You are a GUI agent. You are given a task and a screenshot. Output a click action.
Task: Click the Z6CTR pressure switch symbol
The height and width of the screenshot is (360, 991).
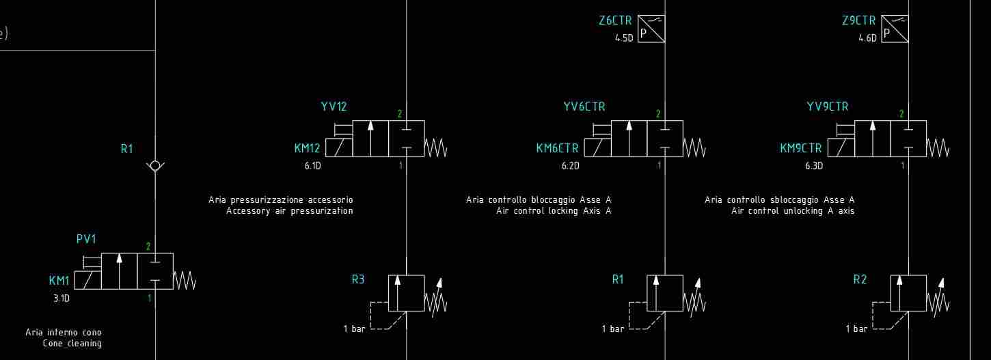(x=651, y=29)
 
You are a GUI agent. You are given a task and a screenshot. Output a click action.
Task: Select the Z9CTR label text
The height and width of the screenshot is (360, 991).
(x=858, y=21)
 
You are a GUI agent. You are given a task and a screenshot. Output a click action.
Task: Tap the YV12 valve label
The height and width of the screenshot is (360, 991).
(x=334, y=107)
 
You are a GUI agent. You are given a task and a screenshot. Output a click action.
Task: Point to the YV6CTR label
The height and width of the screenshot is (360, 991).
(x=584, y=107)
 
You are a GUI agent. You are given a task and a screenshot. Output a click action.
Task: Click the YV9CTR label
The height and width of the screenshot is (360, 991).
(x=828, y=107)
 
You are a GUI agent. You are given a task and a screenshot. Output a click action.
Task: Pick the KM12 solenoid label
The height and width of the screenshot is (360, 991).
(x=307, y=148)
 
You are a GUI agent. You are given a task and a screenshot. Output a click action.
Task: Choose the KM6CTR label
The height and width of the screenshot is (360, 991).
(x=557, y=148)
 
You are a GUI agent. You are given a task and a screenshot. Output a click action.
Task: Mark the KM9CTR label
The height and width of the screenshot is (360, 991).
(x=801, y=148)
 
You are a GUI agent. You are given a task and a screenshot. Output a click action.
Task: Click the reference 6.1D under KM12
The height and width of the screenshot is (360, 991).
(x=312, y=165)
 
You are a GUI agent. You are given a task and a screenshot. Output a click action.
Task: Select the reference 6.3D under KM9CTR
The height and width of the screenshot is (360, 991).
(x=814, y=165)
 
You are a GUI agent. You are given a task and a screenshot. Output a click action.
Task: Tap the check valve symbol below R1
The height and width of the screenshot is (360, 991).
(x=155, y=165)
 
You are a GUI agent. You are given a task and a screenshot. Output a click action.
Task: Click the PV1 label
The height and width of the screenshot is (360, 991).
(x=86, y=239)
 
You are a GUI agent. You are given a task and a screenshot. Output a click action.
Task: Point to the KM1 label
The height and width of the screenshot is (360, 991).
(x=59, y=280)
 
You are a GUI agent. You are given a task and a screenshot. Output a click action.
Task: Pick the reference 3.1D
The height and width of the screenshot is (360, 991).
(x=62, y=298)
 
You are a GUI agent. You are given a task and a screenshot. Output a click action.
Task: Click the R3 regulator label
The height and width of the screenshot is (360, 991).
(x=358, y=279)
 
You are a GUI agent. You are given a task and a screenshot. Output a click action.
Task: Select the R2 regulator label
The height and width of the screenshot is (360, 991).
(x=860, y=279)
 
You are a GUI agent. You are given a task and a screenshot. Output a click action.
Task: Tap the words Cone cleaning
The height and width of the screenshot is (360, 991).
(x=72, y=344)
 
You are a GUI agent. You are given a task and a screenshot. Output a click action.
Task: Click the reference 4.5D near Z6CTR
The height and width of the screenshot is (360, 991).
(x=624, y=38)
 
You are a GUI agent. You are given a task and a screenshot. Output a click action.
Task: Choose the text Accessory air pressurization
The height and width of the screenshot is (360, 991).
(x=289, y=211)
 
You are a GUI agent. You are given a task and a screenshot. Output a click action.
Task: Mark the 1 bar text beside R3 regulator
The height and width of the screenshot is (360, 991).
(x=354, y=329)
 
